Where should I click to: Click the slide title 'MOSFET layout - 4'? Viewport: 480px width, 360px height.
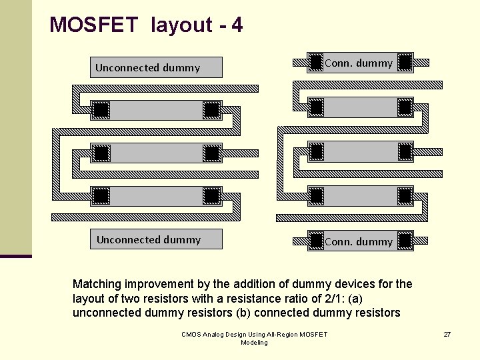point(146,25)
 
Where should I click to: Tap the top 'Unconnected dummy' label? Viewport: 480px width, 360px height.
point(147,67)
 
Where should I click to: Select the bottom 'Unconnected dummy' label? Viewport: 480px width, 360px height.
point(148,239)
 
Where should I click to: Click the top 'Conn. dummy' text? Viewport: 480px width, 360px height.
point(359,63)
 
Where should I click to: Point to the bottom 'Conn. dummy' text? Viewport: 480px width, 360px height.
point(359,241)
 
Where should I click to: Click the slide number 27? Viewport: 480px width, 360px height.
point(447,334)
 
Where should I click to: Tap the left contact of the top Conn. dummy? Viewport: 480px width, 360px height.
point(316,63)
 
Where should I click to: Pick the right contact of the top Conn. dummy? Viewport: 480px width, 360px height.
point(404,63)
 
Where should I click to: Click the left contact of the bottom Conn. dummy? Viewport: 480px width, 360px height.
point(316,241)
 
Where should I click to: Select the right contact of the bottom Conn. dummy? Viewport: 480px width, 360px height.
point(404,241)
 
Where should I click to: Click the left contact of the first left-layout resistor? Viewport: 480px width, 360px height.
point(101,109)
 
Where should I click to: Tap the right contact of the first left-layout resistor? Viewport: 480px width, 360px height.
point(211,109)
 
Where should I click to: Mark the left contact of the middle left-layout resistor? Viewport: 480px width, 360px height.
point(101,153)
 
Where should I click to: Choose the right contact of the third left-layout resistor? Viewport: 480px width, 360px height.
point(211,196)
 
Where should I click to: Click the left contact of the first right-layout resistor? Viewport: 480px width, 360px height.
point(316,107)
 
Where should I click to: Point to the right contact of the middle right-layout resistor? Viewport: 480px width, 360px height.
point(404,152)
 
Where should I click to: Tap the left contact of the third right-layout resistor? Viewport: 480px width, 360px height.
point(316,196)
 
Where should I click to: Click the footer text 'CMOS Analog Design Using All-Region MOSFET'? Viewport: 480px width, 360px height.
point(254,334)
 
